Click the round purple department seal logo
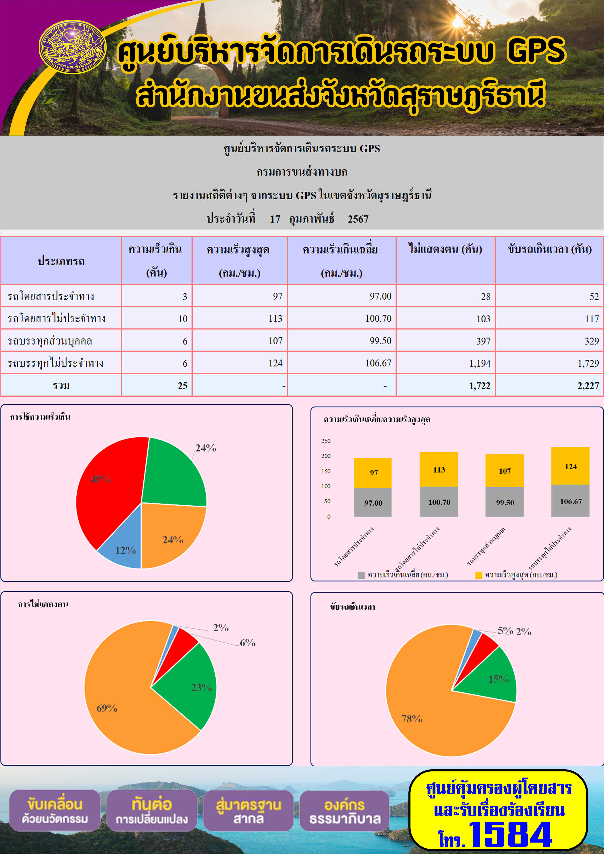tap(73, 47)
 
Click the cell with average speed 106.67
tap(342, 363)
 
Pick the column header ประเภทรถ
tap(61, 261)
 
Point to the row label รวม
tap(61, 385)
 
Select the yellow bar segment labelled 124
tap(570, 466)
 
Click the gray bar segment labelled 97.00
tap(373, 502)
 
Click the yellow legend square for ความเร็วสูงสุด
tap(479, 575)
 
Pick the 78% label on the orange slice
tap(412, 719)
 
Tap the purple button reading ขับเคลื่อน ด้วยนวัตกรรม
tap(55, 810)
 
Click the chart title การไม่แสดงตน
tap(43, 604)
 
